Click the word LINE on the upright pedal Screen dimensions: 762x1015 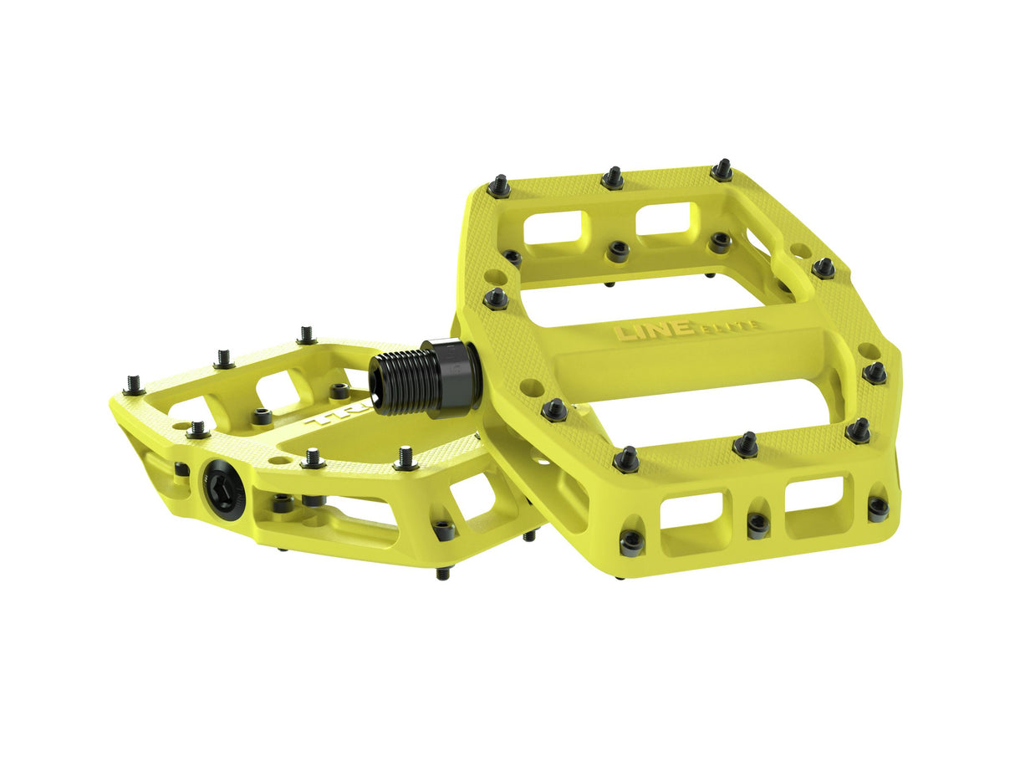(x=642, y=330)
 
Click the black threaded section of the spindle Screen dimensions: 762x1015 (x=405, y=382)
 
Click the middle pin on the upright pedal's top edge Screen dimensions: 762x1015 (x=613, y=178)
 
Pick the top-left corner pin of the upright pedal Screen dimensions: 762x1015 (x=499, y=187)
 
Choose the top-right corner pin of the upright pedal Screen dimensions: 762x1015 (x=722, y=171)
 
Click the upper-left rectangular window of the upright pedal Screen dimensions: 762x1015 (x=555, y=227)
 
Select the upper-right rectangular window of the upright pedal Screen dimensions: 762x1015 (x=666, y=218)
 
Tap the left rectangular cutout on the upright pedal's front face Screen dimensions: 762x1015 (x=691, y=510)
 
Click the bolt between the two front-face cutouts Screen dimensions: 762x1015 (x=757, y=524)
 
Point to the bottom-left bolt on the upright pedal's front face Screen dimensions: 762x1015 (x=631, y=542)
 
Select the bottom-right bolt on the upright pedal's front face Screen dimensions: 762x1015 (x=877, y=507)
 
